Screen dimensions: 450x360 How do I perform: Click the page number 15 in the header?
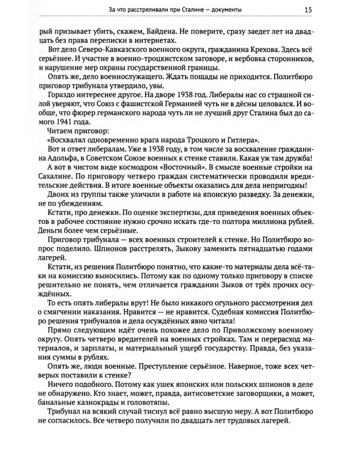341,9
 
